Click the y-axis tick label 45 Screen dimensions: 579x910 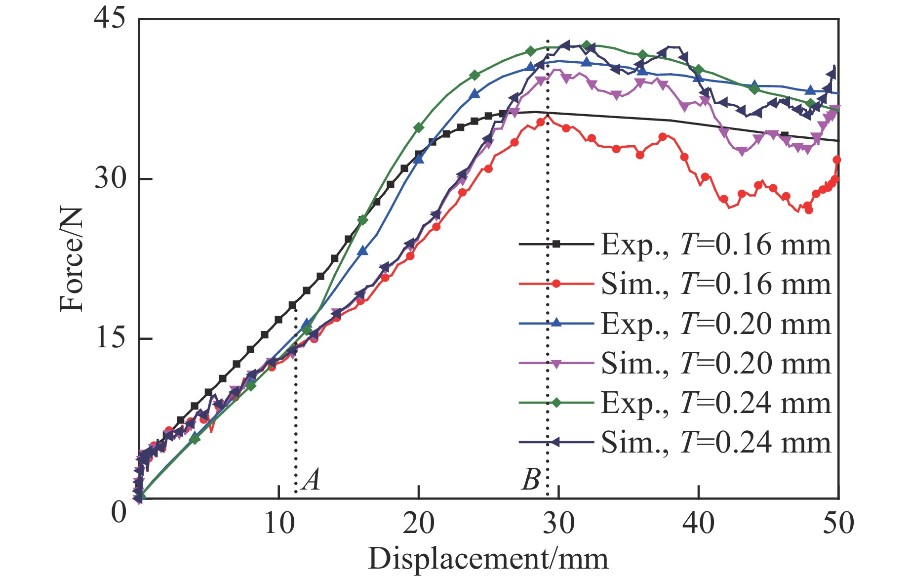110,20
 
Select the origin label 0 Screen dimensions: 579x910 119,512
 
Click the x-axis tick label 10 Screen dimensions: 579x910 279,523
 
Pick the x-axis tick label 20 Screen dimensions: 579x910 419,523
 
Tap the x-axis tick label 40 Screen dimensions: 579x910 698,523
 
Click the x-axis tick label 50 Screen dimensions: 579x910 838,523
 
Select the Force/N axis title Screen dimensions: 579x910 72,259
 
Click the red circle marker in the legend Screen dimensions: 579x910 556,284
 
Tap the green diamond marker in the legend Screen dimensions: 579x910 556,403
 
